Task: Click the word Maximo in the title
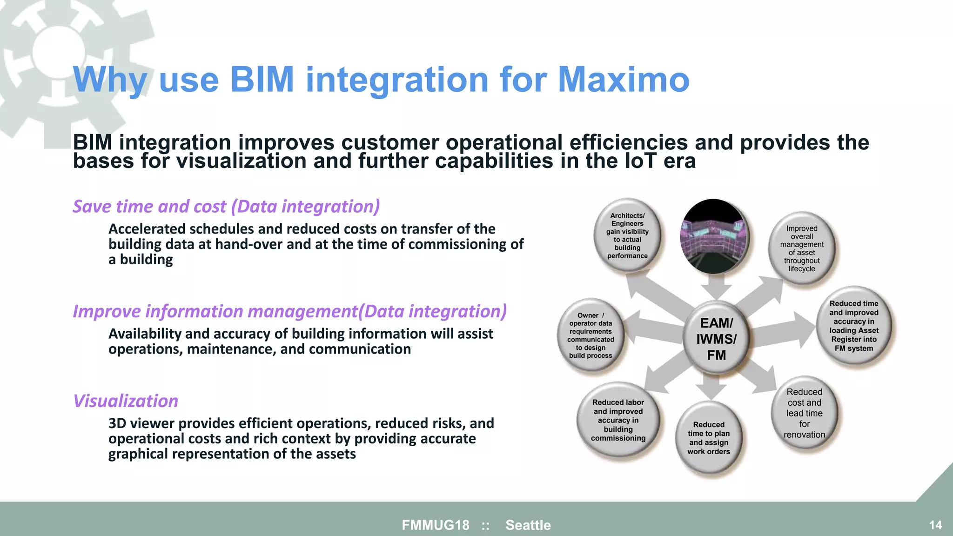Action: click(623, 80)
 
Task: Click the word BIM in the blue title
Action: click(262, 80)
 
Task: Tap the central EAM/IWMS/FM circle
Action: click(716, 339)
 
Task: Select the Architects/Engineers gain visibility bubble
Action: click(627, 235)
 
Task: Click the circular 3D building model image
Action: click(714, 236)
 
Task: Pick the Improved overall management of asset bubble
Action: click(801, 248)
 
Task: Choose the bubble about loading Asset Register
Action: click(853, 326)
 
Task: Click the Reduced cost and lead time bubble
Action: click(804, 413)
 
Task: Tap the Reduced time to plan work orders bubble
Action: click(708, 438)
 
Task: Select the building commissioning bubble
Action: click(618, 420)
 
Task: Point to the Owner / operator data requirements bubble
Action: click(591, 335)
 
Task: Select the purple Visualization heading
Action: click(126, 401)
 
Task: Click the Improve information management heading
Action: click(289, 311)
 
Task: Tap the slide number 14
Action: click(935, 525)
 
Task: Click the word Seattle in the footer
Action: click(528, 525)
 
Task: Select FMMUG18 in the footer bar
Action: click(436, 525)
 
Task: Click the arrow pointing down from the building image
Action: click(716, 287)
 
